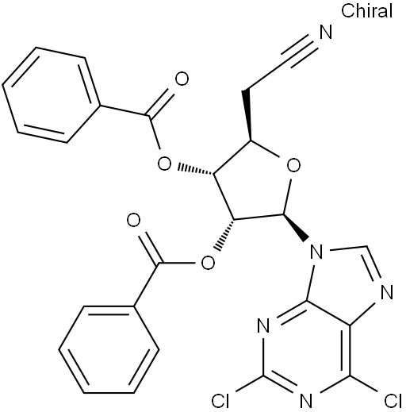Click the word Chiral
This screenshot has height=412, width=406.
(x=366, y=11)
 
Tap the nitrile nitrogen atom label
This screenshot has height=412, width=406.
(x=326, y=33)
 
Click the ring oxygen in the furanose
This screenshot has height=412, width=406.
(x=293, y=166)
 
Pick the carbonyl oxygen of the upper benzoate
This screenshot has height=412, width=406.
(x=182, y=79)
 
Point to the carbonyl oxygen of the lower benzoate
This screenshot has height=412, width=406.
(x=133, y=221)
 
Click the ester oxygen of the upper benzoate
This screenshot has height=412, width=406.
(x=164, y=164)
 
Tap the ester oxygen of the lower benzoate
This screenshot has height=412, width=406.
(x=208, y=263)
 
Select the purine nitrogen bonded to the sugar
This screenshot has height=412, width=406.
(x=316, y=252)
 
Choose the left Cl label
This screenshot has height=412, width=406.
(x=220, y=402)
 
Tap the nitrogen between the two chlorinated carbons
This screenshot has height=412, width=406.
(x=306, y=402)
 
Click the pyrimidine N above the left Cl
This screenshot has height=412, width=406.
(x=263, y=325)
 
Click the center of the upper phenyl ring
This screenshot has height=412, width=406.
(x=52, y=95)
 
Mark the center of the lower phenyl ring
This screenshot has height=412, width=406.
(x=109, y=349)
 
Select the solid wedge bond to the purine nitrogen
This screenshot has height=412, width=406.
(x=296, y=228)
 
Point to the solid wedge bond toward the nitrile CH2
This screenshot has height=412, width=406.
(x=247, y=116)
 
